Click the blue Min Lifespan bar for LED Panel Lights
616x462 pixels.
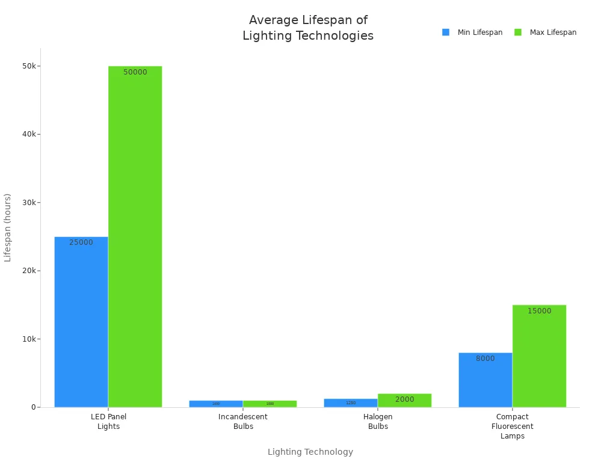(81, 322)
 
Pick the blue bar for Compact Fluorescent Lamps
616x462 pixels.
(485, 380)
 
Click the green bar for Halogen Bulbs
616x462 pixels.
(404, 401)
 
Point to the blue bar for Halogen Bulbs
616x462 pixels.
(351, 403)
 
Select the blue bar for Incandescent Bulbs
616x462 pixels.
(216, 404)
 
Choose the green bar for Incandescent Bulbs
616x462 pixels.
(269, 404)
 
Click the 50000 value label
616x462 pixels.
(135, 72)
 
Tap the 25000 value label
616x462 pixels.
(81, 242)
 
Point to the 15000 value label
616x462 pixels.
(539, 311)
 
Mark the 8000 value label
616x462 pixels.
(485, 359)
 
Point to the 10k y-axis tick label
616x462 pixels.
(29, 339)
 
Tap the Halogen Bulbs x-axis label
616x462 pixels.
(378, 421)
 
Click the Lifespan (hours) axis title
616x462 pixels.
(8, 227)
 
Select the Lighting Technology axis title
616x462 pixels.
(310, 452)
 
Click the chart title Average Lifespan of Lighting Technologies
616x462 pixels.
(308, 28)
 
